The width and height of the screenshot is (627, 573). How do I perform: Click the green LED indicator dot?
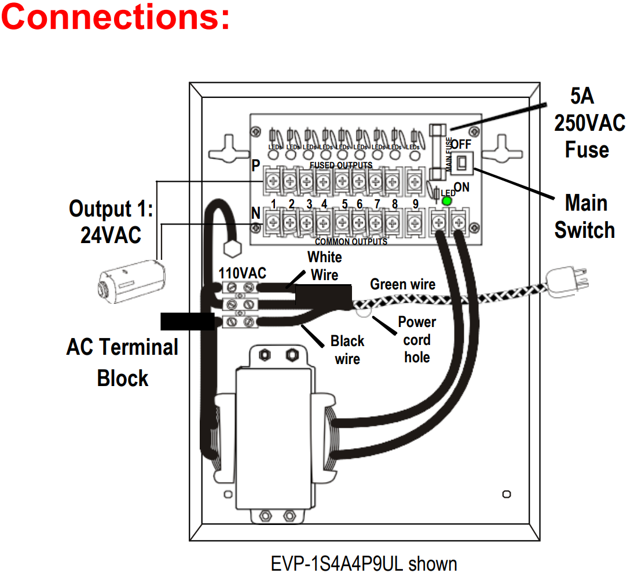tap(446, 201)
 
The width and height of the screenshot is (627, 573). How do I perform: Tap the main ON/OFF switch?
tap(463, 164)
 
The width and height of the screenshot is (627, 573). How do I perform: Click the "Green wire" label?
tap(402, 284)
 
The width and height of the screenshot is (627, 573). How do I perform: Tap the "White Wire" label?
tap(325, 266)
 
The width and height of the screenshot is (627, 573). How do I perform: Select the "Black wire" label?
tap(347, 350)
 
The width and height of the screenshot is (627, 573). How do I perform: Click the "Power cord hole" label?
tap(417, 339)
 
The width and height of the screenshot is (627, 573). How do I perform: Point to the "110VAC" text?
tap(242, 273)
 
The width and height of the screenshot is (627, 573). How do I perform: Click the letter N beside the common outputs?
tap(255, 214)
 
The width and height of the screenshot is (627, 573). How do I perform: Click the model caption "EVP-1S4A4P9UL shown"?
tap(364, 563)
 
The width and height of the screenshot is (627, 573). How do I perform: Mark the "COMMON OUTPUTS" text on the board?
tap(351, 241)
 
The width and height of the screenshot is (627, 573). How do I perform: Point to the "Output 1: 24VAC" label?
tap(111, 222)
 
